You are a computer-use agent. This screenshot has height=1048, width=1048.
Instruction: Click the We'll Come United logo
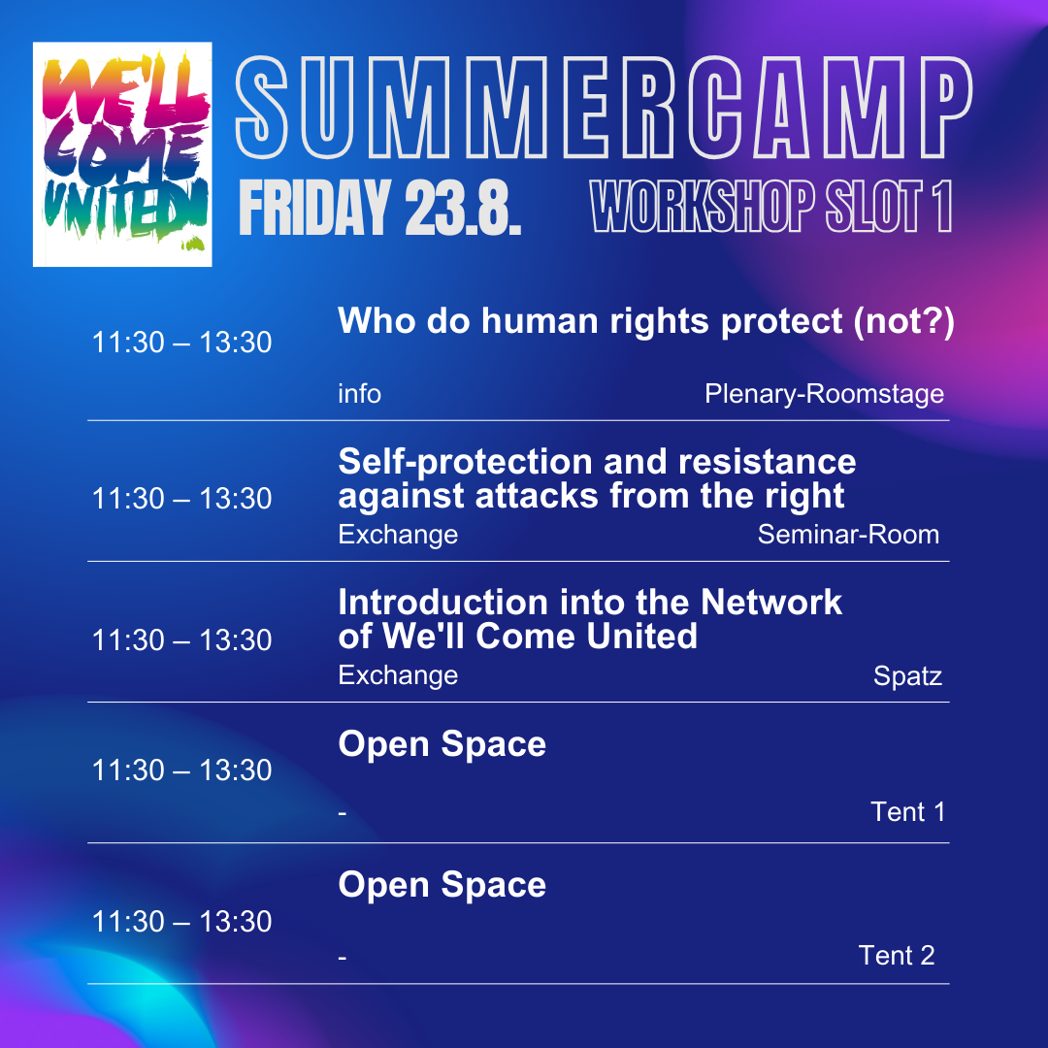122,154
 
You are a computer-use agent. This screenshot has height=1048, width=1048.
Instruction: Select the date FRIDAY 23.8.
379,208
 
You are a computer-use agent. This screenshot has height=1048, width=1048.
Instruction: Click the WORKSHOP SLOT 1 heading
771,206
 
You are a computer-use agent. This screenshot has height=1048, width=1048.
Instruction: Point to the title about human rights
646,321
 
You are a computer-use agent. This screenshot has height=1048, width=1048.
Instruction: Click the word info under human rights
360,394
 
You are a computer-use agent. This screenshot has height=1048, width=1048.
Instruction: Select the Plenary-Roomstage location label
824,394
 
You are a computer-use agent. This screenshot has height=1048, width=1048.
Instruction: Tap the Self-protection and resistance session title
597,478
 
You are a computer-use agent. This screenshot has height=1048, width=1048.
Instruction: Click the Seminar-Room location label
848,535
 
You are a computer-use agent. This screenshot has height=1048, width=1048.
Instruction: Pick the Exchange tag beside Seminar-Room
399,536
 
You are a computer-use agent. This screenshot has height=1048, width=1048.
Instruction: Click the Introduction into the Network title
590,619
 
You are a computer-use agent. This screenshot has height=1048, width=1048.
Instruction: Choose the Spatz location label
907,676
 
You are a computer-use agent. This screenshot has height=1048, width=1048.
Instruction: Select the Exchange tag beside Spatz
399,676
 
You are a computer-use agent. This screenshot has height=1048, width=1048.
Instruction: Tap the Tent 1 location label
907,812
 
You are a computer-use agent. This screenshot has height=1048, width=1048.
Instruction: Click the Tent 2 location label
897,956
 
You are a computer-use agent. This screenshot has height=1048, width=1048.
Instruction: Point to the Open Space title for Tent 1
442,744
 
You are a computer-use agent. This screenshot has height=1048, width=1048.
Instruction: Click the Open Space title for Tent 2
442,886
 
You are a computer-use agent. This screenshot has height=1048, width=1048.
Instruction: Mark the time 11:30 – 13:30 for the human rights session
181,343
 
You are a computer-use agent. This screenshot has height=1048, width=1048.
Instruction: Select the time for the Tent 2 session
181,922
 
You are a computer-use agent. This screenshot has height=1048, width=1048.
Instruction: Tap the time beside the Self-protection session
181,499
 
